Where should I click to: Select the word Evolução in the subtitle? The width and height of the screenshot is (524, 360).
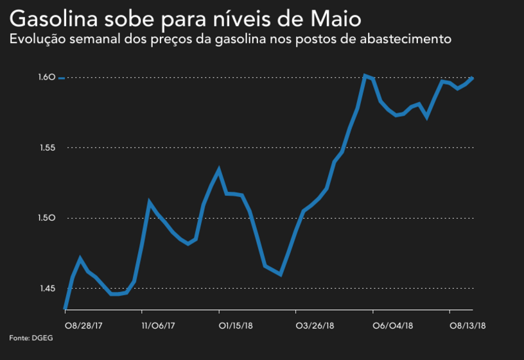point(39,39)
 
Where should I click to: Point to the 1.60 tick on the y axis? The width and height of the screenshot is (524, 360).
point(47,78)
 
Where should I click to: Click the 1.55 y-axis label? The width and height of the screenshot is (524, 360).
point(47,148)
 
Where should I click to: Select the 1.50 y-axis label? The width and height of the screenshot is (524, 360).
point(47,218)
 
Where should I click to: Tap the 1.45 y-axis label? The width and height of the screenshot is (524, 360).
point(47,289)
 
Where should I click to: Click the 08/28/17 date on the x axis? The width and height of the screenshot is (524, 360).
point(83,325)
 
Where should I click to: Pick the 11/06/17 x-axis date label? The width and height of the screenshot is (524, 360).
point(159,325)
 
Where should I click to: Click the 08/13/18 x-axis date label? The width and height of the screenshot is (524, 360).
point(467,325)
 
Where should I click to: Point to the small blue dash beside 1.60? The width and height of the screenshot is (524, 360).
point(62,78)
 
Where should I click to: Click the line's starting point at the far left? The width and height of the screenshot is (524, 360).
point(65,309)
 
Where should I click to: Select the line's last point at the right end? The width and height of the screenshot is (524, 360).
point(473,78)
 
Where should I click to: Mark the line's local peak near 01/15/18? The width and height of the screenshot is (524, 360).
point(219,170)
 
